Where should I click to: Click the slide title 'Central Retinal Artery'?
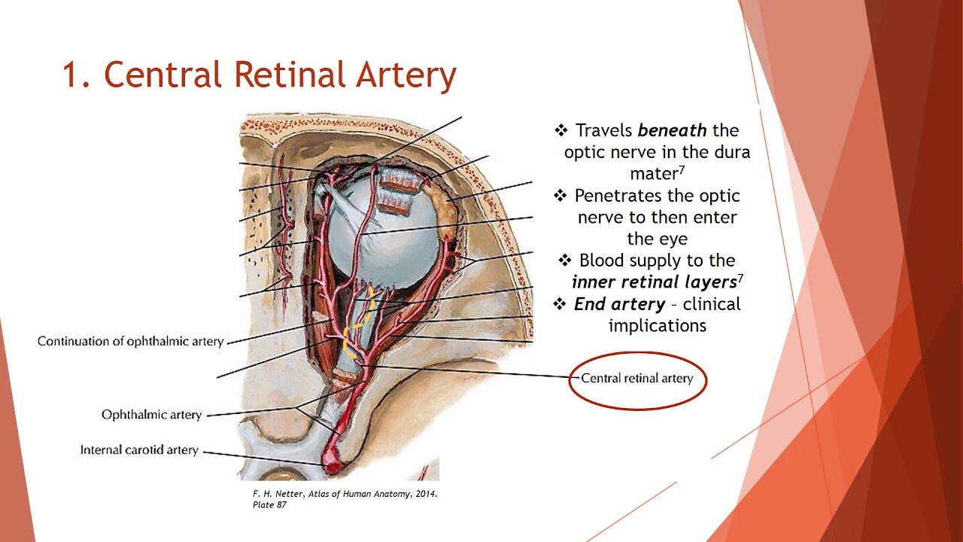coord(280,75)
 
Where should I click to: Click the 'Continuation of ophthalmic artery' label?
coord(130,342)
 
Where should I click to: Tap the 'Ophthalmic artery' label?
coord(151,415)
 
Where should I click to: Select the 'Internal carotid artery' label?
coord(139,450)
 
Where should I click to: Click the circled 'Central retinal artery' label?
coord(636,379)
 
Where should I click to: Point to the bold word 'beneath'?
coord(672,131)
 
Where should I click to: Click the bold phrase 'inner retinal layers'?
coord(653,282)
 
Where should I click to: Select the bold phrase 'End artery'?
coord(619,304)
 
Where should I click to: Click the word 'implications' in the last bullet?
coord(657,326)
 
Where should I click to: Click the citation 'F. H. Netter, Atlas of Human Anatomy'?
coord(345,494)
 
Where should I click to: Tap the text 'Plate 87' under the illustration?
coord(269,504)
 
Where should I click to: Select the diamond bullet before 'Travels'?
coord(560,131)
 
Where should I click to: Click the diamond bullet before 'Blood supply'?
coord(566,260)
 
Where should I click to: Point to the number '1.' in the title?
coord(76,75)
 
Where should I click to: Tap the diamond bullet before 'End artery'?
coord(559,304)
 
